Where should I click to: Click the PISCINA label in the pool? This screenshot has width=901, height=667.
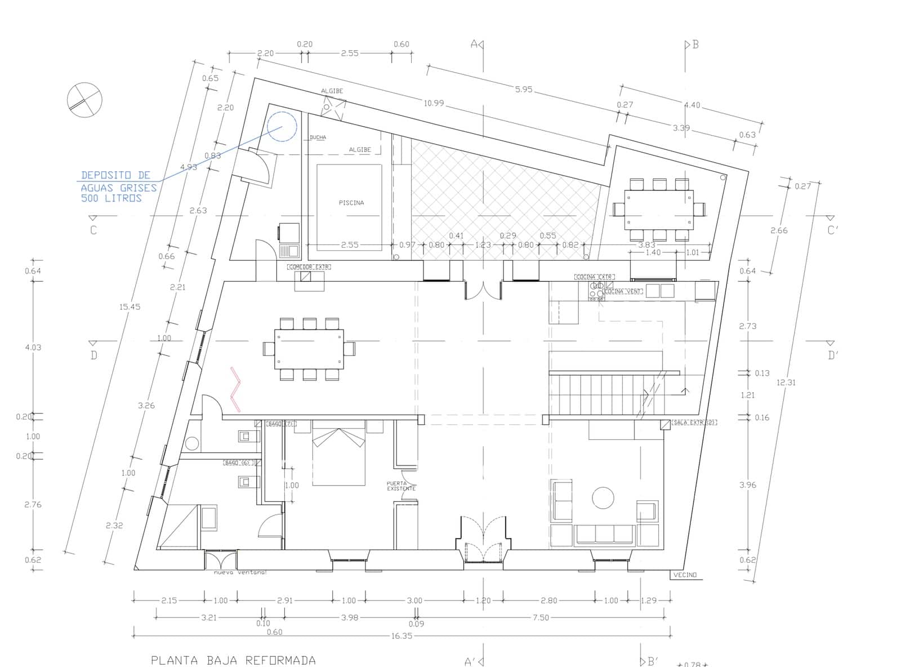[x=351, y=203]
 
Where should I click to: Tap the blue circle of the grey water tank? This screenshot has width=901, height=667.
[x=282, y=127]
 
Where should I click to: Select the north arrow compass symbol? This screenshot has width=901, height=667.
[x=84, y=100]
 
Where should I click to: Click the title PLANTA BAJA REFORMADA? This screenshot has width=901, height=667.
[x=233, y=660]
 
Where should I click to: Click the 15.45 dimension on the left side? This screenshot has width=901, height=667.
[x=130, y=307]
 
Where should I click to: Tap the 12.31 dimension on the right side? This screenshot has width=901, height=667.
[x=786, y=383]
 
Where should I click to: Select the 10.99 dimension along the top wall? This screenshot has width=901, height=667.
[x=434, y=103]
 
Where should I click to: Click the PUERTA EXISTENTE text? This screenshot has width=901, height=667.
[x=401, y=486]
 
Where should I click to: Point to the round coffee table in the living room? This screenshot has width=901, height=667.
[x=603, y=498]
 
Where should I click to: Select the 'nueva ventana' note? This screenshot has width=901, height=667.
[x=239, y=573]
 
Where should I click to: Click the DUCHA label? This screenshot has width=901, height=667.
[x=318, y=137]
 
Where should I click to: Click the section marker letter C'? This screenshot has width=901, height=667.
[x=832, y=230]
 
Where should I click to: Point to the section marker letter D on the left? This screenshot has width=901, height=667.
[x=93, y=355]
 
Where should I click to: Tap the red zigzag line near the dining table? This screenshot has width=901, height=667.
[x=237, y=389]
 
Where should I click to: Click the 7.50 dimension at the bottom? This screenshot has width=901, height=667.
[x=540, y=617]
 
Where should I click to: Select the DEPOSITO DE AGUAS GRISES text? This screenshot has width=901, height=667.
[x=117, y=186]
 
